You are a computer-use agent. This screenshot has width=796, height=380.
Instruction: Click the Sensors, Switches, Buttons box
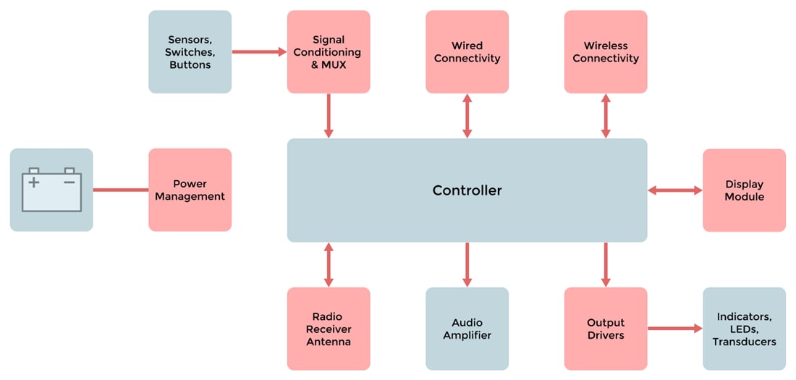[x=190, y=52]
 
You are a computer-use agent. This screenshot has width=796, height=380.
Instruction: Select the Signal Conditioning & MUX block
[x=329, y=52]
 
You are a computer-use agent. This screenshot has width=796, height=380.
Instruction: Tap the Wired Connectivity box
[x=467, y=52]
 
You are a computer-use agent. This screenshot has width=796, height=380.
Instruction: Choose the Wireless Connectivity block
[x=606, y=52]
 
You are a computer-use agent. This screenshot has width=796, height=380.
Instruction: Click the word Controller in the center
[x=467, y=191]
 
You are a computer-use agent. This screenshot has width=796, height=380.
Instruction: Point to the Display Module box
[x=744, y=190]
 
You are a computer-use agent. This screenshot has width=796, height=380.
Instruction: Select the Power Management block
[x=190, y=190]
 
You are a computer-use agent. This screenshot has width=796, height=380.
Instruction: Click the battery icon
[x=51, y=190]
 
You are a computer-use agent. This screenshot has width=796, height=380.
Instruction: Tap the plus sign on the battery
[x=33, y=182]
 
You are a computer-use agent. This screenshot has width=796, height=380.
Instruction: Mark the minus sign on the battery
[x=69, y=182]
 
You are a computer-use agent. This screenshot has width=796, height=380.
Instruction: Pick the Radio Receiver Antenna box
[x=329, y=329]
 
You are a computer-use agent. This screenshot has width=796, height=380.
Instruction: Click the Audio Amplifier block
[x=467, y=329]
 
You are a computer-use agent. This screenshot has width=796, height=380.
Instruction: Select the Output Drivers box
[x=606, y=329]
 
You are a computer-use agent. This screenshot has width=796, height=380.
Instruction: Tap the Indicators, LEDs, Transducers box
[x=744, y=329]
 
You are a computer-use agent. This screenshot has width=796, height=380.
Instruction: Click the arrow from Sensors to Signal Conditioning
[x=259, y=52]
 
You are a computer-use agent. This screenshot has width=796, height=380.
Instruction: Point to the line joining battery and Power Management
[x=121, y=190]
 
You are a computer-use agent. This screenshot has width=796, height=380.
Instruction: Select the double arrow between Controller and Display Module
[x=674, y=190]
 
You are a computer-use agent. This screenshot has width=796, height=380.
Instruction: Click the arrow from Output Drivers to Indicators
[x=674, y=329]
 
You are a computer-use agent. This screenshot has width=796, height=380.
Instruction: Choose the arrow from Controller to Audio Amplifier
[x=467, y=264]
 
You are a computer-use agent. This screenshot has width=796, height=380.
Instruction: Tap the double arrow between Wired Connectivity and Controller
[x=467, y=116]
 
